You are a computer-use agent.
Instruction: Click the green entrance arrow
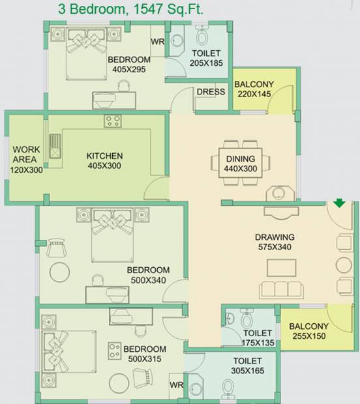pyautogui.click(x=339, y=203)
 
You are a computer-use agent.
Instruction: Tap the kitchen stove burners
pyautogui.click(x=113, y=121)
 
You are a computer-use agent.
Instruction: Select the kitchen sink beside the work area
pyautogui.click(x=55, y=146)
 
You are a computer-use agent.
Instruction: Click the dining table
pyautogui.click(x=241, y=163)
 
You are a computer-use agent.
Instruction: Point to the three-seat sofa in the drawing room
pyautogui.click(x=281, y=289)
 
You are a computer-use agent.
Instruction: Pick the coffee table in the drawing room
pyautogui.click(x=281, y=268)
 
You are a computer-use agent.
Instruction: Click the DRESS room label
pyautogui.click(x=211, y=92)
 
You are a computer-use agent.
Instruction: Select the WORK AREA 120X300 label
pyautogui.click(x=26, y=160)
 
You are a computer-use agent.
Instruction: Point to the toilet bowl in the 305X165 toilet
pyautogui.click(x=228, y=389)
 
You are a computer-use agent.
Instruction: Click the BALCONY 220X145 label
pyautogui.click(x=254, y=89)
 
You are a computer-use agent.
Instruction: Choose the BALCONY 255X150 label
pyautogui.click(x=308, y=331)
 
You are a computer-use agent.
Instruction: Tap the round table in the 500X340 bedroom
pyautogui.click(x=59, y=272)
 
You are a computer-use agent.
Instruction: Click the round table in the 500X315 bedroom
pyautogui.click(x=119, y=383)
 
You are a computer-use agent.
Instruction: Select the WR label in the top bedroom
pyautogui.click(x=158, y=42)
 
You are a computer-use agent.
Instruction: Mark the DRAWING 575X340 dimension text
pyautogui.click(x=275, y=247)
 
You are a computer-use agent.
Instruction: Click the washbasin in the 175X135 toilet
pyautogui.click(x=230, y=319)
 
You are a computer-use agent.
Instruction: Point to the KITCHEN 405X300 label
pyautogui.click(x=104, y=161)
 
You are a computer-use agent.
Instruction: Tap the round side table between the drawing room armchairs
pyautogui.click(x=344, y=265)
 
